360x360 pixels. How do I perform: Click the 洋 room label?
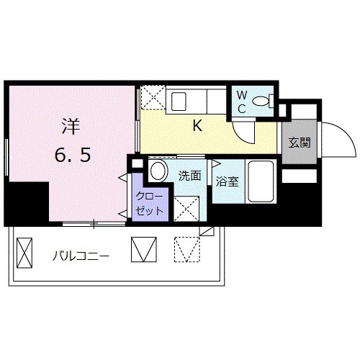(x=69, y=126)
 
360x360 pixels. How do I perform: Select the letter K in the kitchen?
(x=197, y=125)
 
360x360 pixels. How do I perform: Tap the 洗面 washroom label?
(x=189, y=175)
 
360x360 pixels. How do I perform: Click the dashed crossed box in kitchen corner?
(x=152, y=99)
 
